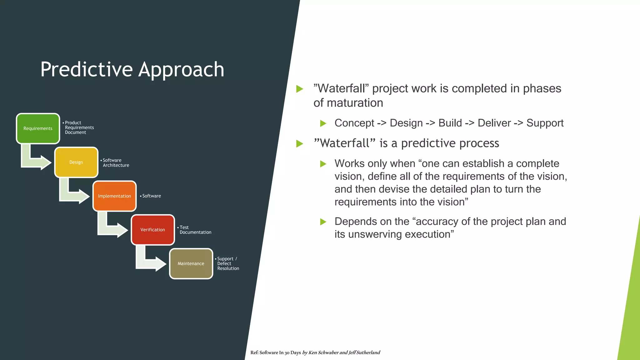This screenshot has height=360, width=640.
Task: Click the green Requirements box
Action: pos(38,128)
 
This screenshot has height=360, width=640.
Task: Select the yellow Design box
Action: pos(76,162)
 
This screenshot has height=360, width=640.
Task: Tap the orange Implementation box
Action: pos(114,196)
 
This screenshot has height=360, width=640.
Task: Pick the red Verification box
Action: pos(152,230)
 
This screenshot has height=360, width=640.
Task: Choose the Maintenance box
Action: pos(191,263)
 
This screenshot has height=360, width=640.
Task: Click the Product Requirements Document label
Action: pos(79,127)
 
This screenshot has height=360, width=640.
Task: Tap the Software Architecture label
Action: pos(116,162)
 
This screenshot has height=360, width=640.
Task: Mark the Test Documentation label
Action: pos(195,230)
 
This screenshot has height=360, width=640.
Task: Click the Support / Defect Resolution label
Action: pos(227,263)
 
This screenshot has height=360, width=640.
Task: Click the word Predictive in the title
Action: pos(87,69)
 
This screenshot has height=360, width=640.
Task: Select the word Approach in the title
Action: pos(181,69)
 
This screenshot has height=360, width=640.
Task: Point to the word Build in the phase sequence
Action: pos(450,123)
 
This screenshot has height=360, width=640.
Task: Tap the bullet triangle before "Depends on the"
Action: pos(323,222)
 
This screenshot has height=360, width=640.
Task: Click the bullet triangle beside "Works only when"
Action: pos(323,164)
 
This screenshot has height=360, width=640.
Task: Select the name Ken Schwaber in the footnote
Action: pos(323,352)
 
